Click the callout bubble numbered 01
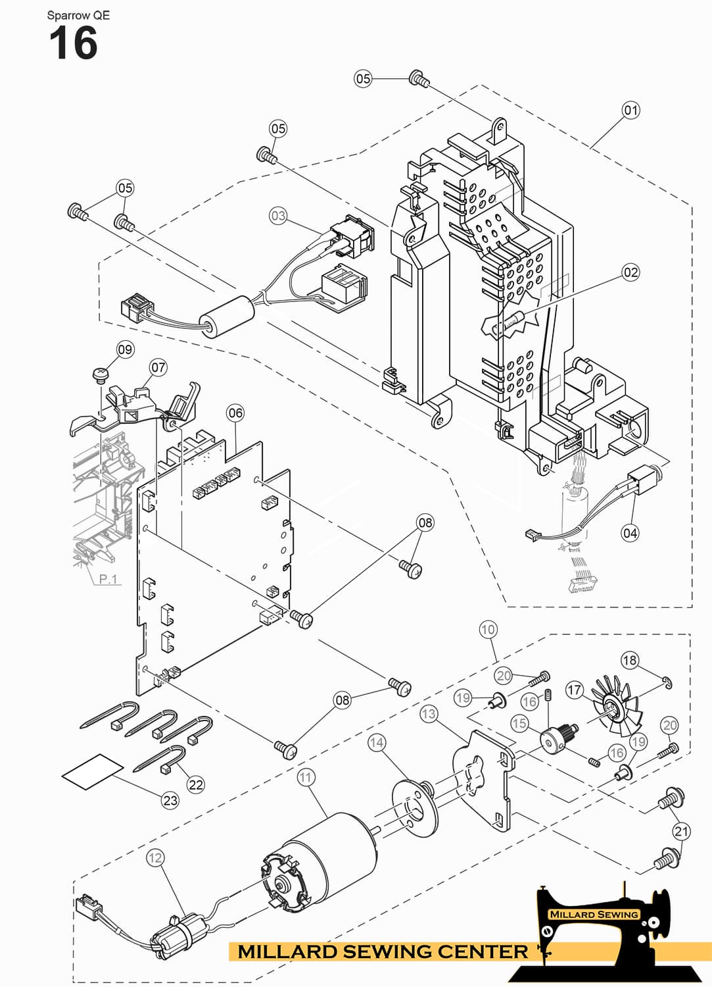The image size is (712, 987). click(x=630, y=110)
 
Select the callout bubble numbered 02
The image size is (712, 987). click(x=630, y=272)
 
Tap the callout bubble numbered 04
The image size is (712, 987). click(x=630, y=533)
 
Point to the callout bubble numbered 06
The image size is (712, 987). click(x=235, y=413)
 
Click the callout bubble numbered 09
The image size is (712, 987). click(x=125, y=349)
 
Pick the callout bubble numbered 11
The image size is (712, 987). click(x=306, y=777)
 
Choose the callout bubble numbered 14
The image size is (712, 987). click(x=376, y=743)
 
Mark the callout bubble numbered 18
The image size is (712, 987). click(x=629, y=660)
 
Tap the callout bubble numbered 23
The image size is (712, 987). click(x=170, y=800)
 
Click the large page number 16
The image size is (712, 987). click(x=73, y=44)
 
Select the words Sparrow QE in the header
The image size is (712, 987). click(x=78, y=15)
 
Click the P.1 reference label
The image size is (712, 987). click(x=108, y=579)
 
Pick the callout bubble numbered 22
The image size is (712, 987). click(x=196, y=784)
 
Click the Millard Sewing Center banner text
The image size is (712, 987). click(x=382, y=951)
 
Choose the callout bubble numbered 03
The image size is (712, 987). click(x=278, y=215)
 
